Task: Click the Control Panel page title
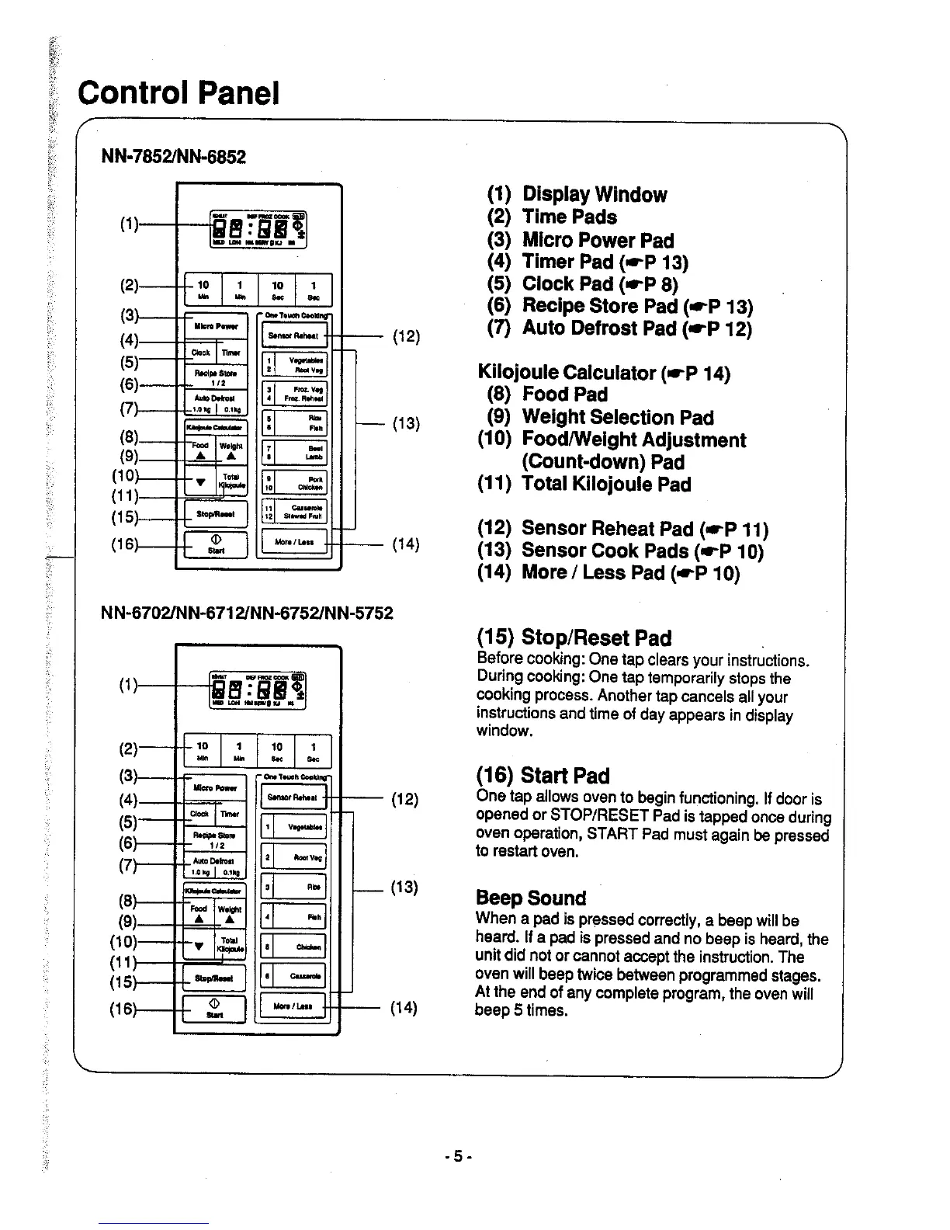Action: point(178,94)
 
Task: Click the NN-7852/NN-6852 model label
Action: point(174,157)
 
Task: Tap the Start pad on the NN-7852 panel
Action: point(216,544)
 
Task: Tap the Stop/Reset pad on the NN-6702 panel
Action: point(215,978)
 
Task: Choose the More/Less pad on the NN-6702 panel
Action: point(293,1007)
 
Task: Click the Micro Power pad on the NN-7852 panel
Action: point(216,327)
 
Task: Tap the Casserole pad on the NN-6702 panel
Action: point(293,976)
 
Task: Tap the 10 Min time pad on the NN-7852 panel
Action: point(203,290)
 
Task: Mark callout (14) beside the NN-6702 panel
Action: point(404,1008)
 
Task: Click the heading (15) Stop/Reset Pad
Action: point(574,638)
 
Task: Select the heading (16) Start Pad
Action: point(543,775)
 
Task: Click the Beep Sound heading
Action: point(531,898)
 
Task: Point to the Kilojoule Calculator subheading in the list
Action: point(604,373)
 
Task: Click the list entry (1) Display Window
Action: point(577,194)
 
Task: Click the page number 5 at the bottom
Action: point(458,1155)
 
